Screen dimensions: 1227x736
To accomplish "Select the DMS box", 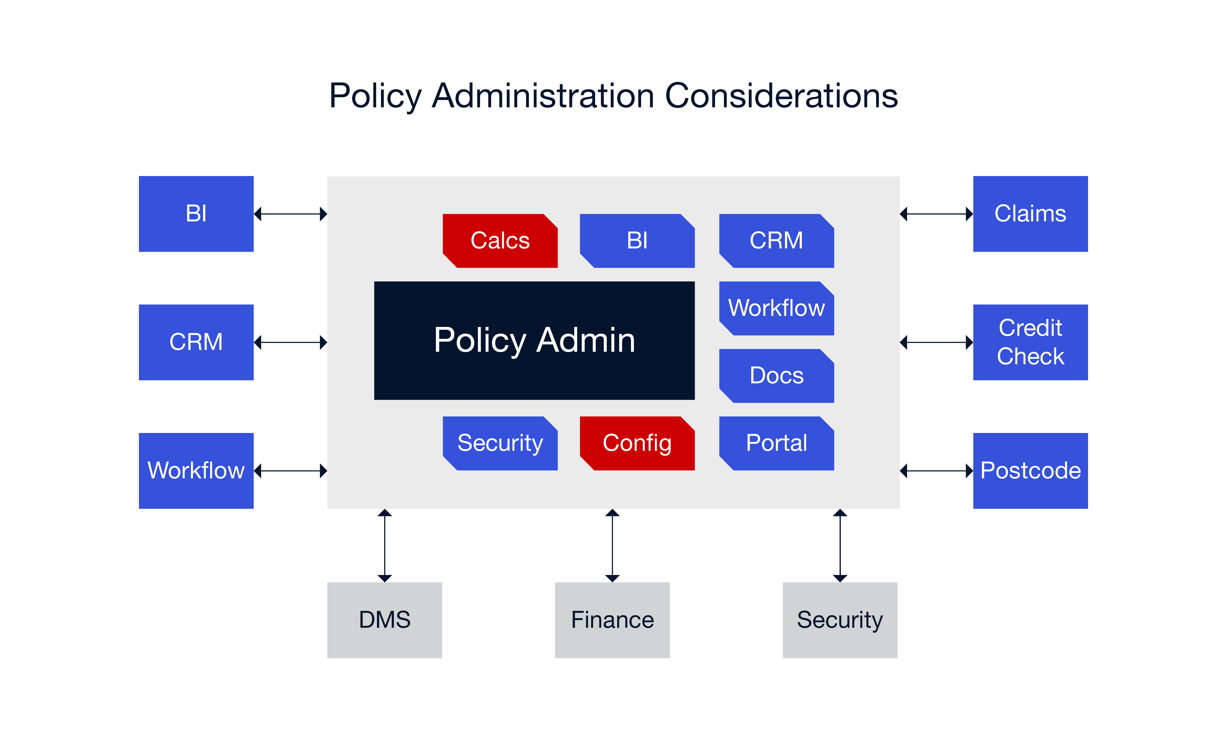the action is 384,620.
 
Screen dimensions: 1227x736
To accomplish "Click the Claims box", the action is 1030,214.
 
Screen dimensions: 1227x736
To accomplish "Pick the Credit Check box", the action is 1030,342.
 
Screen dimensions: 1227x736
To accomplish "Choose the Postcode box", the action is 1030,471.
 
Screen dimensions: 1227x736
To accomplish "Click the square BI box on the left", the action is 196,214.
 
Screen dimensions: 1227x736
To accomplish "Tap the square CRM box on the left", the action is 196,342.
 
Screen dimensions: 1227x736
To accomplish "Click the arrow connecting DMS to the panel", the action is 385,546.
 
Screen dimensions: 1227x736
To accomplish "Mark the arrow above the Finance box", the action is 613,546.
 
